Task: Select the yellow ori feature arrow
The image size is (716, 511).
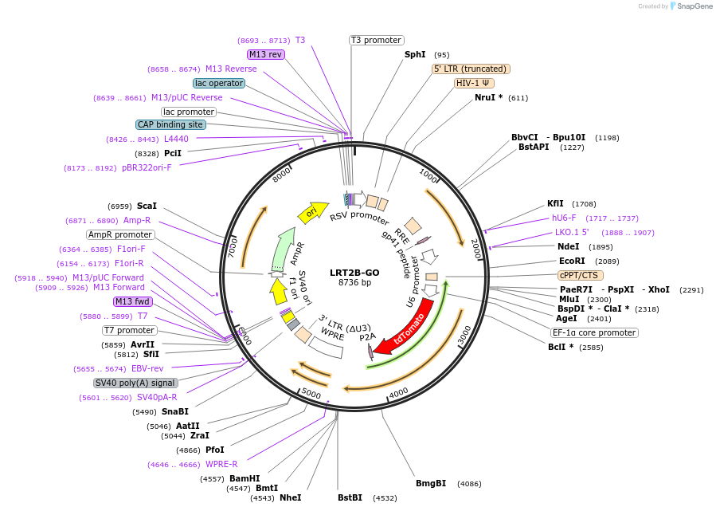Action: coord(312,210)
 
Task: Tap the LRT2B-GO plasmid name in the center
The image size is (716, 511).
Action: coord(354,272)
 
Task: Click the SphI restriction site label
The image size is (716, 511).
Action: coord(415,55)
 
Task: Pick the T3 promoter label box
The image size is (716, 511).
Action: coord(377,40)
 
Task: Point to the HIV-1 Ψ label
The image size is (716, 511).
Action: coord(474,83)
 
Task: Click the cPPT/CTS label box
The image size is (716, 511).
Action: coord(581,275)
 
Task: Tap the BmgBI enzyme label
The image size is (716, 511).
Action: coord(431,483)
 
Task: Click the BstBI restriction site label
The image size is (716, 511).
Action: coord(350,497)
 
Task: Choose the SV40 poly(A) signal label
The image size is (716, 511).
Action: coord(135,383)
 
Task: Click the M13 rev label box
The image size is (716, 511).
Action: coord(266,54)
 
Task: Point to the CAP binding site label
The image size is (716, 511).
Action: coord(170,124)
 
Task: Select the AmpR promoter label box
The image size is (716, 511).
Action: coord(120,234)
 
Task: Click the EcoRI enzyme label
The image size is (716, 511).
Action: coord(572,261)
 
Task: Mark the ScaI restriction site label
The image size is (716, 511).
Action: coord(147,206)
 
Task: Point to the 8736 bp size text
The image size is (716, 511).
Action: coord(354,282)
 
